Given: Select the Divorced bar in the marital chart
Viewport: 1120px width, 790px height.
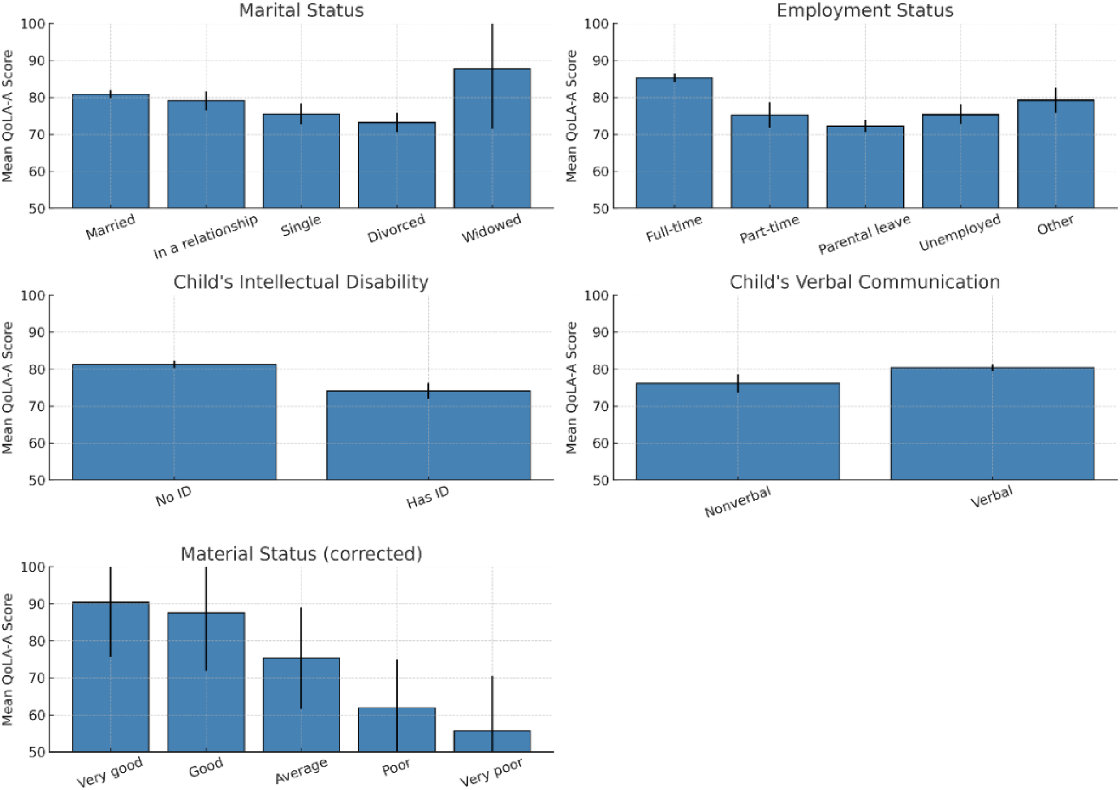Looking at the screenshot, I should (x=396, y=166).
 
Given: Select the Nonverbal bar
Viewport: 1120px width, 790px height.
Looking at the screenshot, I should (x=737, y=432).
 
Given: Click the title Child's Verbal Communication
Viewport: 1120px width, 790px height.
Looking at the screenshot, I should (x=864, y=282).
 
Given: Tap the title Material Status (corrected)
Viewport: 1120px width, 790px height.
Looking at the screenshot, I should (x=301, y=554).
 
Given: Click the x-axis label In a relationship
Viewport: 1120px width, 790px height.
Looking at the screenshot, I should (x=205, y=236).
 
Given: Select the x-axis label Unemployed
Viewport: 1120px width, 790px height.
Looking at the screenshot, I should (x=960, y=232).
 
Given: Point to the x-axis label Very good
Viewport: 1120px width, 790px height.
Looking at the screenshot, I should (x=110, y=772).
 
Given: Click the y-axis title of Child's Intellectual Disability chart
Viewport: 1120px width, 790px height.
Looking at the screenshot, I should (x=7, y=388).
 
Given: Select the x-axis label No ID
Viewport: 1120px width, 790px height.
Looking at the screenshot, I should (x=174, y=496).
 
